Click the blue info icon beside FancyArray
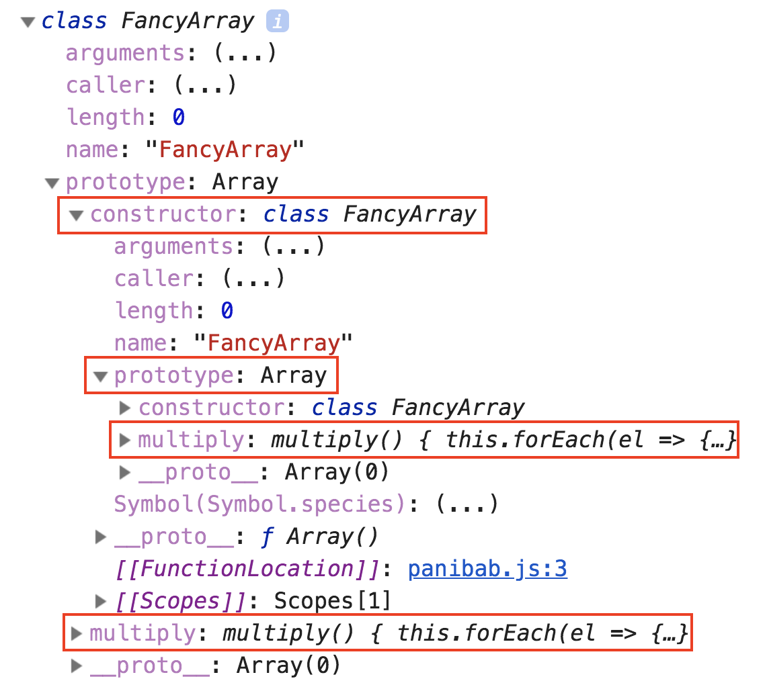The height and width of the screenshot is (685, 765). pyautogui.click(x=277, y=21)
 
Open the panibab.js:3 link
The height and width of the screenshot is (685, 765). pyautogui.click(x=487, y=569)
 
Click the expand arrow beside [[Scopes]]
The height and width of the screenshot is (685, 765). pyautogui.click(x=101, y=601)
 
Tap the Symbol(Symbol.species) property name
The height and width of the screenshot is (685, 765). pyautogui.click(x=259, y=504)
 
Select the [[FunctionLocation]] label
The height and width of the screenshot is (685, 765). pyautogui.click(x=247, y=569)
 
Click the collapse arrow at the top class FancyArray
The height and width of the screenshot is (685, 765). pyautogui.click(x=28, y=22)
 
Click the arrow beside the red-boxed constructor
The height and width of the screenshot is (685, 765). pyautogui.click(x=76, y=215)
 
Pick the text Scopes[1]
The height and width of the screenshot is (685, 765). pyautogui.click(x=333, y=601)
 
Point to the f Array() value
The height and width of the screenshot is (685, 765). pyautogui.click(x=319, y=537)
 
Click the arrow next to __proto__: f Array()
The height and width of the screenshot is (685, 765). pyautogui.click(x=101, y=537)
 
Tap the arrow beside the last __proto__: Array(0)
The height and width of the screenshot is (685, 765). pyautogui.click(x=76, y=666)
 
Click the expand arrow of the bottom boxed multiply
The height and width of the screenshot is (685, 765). pyautogui.click(x=76, y=633)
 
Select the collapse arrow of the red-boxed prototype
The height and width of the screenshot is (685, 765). pyautogui.click(x=101, y=376)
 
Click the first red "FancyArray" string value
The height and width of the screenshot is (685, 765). pyautogui.click(x=225, y=150)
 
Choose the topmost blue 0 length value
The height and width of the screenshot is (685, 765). pyautogui.click(x=179, y=118)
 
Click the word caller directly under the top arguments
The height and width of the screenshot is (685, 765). pyautogui.click(x=106, y=85)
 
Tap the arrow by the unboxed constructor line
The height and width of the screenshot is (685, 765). pyautogui.click(x=125, y=408)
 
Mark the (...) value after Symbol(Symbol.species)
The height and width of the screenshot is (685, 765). pyautogui.click(x=467, y=504)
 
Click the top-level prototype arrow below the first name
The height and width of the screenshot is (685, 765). pyautogui.click(x=52, y=183)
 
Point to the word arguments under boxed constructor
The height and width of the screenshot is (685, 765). pyautogui.click(x=173, y=246)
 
